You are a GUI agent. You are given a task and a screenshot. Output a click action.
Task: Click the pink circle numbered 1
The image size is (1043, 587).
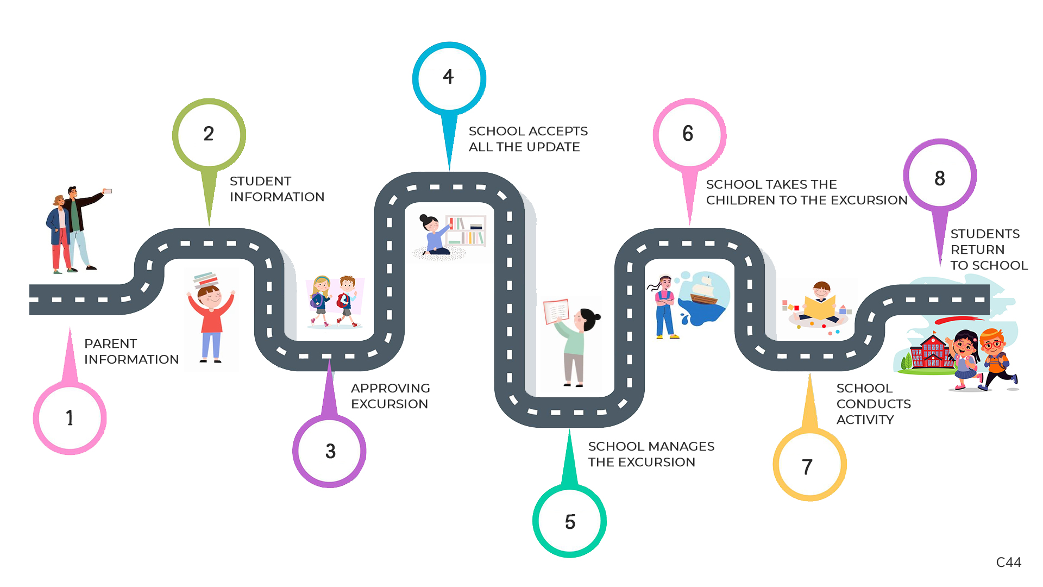(x=70, y=417)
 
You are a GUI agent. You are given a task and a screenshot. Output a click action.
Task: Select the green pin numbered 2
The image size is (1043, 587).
(x=209, y=134)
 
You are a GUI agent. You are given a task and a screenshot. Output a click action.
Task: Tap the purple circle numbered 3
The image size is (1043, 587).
(x=330, y=451)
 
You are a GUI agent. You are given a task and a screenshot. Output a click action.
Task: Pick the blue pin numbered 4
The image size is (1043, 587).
(x=449, y=78)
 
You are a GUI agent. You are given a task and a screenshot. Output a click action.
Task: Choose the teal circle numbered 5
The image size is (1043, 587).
(x=570, y=521)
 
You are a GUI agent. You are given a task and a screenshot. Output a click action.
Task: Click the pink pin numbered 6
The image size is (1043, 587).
(x=689, y=134)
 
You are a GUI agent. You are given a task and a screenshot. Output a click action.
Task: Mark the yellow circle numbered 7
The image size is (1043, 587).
(x=809, y=466)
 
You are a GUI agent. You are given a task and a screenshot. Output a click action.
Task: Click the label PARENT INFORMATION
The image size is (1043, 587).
(x=131, y=352)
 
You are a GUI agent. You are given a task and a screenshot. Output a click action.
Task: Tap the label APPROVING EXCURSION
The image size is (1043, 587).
(x=390, y=396)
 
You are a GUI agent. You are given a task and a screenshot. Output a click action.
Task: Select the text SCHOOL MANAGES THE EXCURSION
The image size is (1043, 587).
(x=651, y=454)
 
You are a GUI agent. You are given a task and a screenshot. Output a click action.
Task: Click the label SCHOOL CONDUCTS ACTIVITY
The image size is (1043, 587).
(x=873, y=404)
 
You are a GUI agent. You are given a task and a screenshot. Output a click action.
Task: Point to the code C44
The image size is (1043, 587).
(x=1008, y=562)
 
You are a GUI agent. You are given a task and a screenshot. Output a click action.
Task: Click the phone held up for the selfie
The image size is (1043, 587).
(x=108, y=191)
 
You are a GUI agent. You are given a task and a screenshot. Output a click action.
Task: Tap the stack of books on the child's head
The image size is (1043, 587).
(x=206, y=279)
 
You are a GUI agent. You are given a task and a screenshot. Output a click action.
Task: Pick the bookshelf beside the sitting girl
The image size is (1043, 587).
(x=466, y=231)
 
